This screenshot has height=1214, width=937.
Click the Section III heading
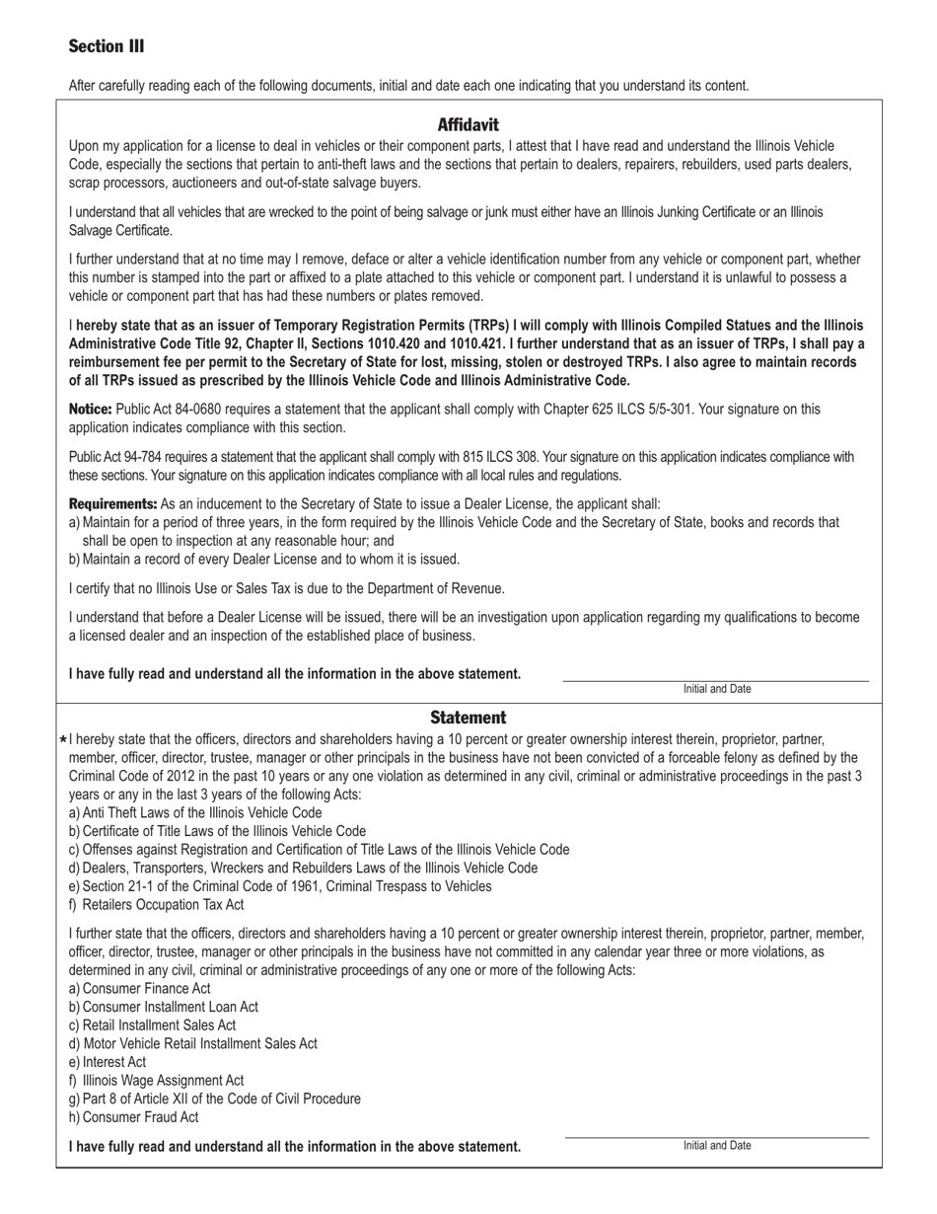(x=107, y=46)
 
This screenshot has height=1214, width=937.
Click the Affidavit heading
(x=468, y=124)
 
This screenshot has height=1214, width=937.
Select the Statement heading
(x=468, y=718)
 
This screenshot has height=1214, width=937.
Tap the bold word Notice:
(x=90, y=409)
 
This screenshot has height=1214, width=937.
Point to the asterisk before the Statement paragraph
(x=63, y=740)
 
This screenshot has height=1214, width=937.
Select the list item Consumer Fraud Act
(x=140, y=1117)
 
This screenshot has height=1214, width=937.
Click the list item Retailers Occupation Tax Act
(x=163, y=904)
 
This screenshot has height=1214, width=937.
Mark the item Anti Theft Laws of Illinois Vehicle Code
(x=201, y=812)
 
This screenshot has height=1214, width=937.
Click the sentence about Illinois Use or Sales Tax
(x=286, y=588)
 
